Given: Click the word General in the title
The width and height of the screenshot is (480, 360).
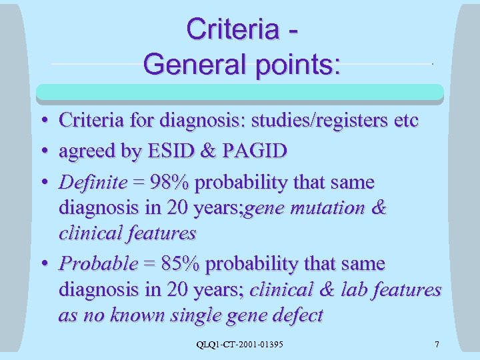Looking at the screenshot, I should [x=184, y=64].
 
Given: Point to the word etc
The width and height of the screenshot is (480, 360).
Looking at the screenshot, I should [x=404, y=121].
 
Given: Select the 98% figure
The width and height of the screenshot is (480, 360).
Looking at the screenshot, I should [x=172, y=182].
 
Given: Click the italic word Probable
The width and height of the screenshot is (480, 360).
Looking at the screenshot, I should [x=97, y=264].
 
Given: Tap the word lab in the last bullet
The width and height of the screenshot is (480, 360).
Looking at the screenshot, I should [x=353, y=290].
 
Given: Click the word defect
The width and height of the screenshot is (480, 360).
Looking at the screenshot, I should [x=290, y=315].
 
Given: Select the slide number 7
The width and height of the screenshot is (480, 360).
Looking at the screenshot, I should [x=437, y=345].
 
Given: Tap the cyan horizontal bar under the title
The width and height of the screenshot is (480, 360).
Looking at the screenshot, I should [x=240, y=92].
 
